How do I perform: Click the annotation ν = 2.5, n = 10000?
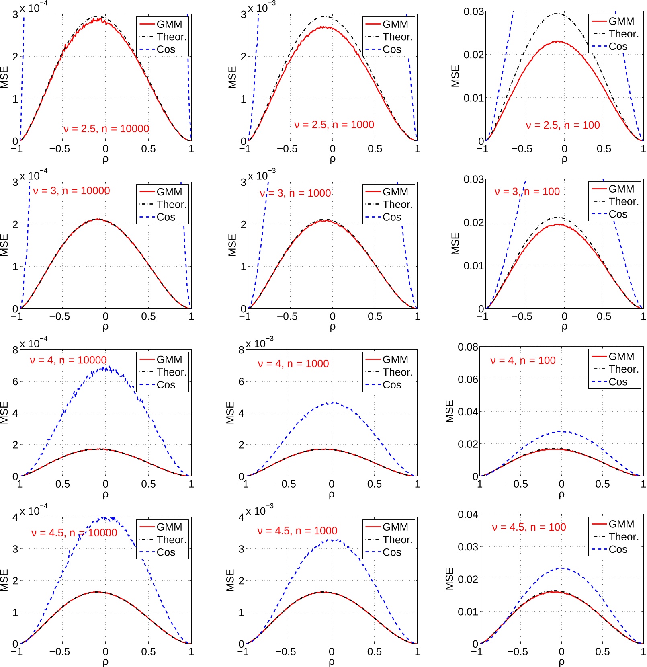click(x=106, y=129)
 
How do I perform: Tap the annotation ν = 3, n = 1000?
click(x=295, y=193)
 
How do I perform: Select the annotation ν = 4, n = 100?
click(x=523, y=360)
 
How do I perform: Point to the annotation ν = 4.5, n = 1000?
click(x=297, y=531)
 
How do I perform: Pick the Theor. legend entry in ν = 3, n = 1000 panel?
click(x=397, y=204)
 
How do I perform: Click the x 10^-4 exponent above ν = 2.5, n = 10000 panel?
click(x=33, y=7)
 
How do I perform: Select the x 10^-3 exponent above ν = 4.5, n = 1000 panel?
click(x=259, y=510)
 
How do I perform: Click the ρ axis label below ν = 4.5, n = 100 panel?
click(x=561, y=661)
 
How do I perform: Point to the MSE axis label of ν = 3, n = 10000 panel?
click(x=4, y=245)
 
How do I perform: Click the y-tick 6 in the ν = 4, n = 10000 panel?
click(x=15, y=381)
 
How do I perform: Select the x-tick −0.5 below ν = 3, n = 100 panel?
click(x=522, y=316)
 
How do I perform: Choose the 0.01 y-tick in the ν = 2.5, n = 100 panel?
click(x=473, y=98)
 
